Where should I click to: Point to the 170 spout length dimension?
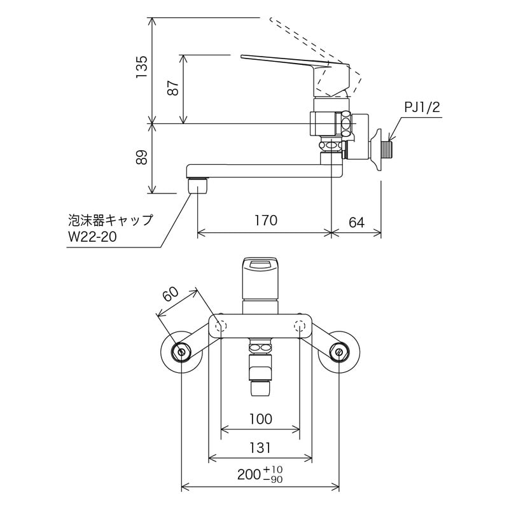[265, 221]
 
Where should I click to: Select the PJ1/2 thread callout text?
[422, 107]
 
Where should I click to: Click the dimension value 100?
[260, 419]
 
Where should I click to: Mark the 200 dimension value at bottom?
[249, 474]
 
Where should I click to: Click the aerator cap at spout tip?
[199, 186]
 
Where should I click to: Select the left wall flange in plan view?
[181, 351]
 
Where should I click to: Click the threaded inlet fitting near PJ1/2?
[388, 151]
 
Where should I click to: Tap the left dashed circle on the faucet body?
[221, 326]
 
